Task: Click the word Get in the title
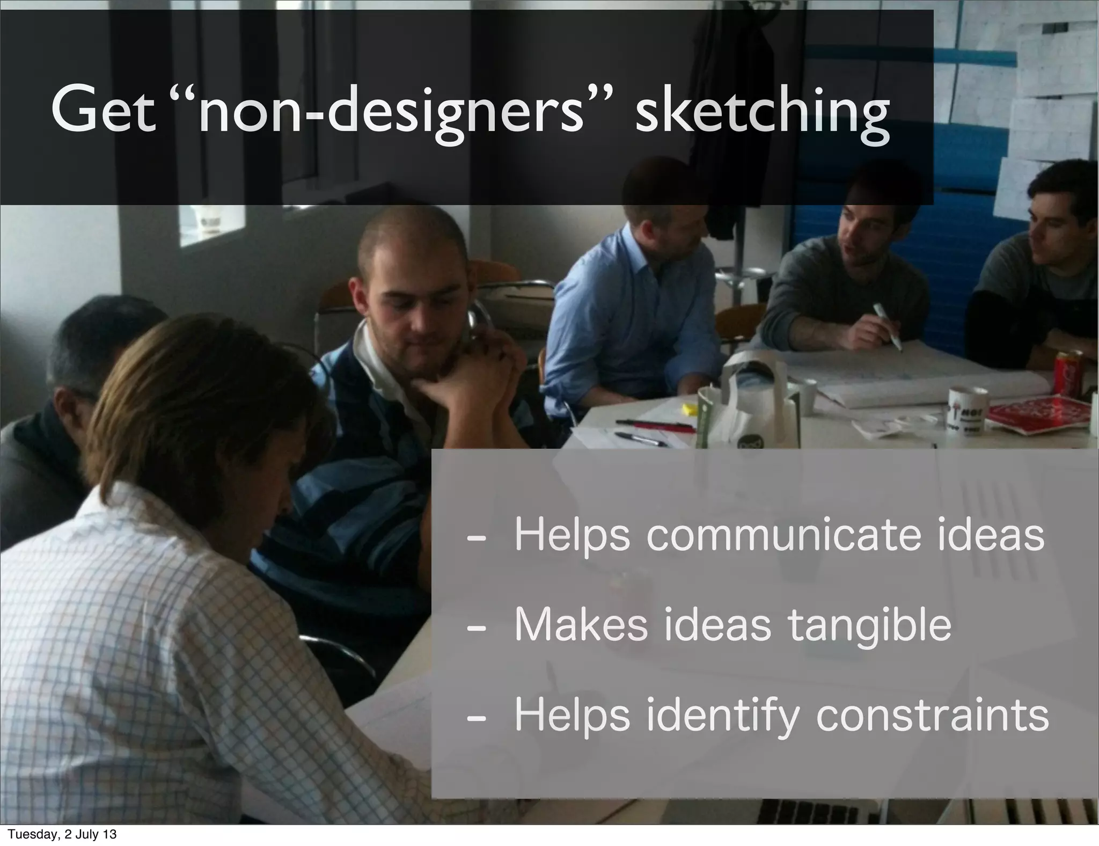coord(101,112)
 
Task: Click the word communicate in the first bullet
coord(783,535)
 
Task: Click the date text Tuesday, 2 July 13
coord(62,835)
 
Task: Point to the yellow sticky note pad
coord(689,411)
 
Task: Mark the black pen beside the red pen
coord(641,440)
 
